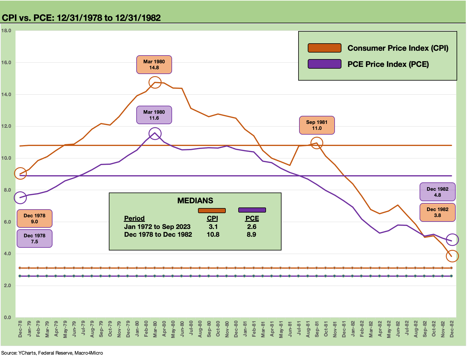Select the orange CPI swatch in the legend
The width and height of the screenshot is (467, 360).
tap(324, 48)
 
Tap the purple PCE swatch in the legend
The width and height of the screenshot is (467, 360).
tap(324, 64)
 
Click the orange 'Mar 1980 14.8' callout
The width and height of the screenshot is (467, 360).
tap(154, 64)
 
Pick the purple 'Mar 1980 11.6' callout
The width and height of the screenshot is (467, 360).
tap(154, 115)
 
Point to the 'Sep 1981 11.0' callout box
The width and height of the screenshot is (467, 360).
tap(317, 125)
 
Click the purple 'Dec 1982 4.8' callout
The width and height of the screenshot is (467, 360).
tap(437, 192)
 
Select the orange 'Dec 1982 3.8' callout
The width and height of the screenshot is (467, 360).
tap(437, 212)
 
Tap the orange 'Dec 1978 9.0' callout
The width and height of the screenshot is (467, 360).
tap(35, 219)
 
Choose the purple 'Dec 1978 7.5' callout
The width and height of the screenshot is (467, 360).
tap(35, 239)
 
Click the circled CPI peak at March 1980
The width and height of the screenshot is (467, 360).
tap(155, 82)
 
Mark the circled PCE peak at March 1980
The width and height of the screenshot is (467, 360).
tap(155, 133)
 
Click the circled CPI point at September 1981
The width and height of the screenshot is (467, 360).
tap(316, 143)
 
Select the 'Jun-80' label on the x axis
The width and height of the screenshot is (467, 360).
tap(182, 329)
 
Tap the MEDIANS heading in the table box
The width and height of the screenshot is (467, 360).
tap(195, 201)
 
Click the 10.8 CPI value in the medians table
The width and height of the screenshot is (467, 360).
tap(213, 234)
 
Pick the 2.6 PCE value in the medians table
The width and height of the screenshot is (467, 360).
tap(252, 227)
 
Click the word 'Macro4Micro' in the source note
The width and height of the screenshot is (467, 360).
tap(89, 353)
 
